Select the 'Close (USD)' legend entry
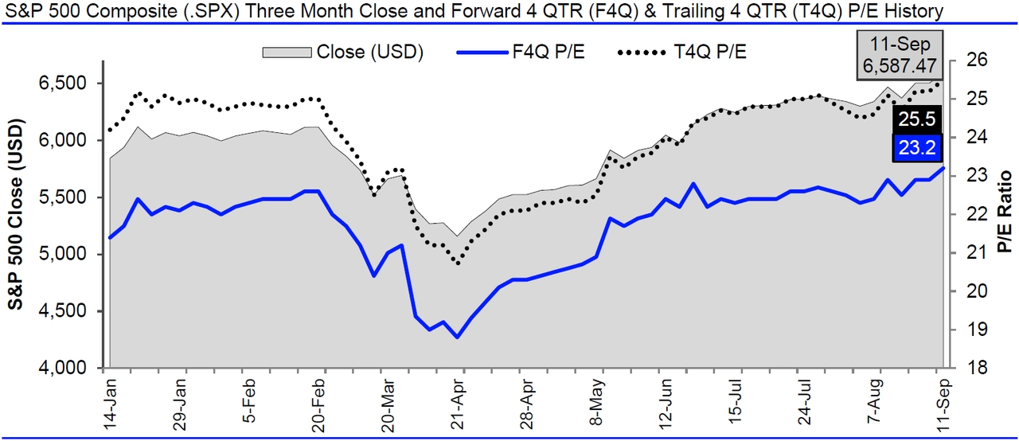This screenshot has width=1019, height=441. [x=342, y=53]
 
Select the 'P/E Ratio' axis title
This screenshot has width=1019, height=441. [x=1005, y=212]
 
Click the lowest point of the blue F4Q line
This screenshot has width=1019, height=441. [x=457, y=338]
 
